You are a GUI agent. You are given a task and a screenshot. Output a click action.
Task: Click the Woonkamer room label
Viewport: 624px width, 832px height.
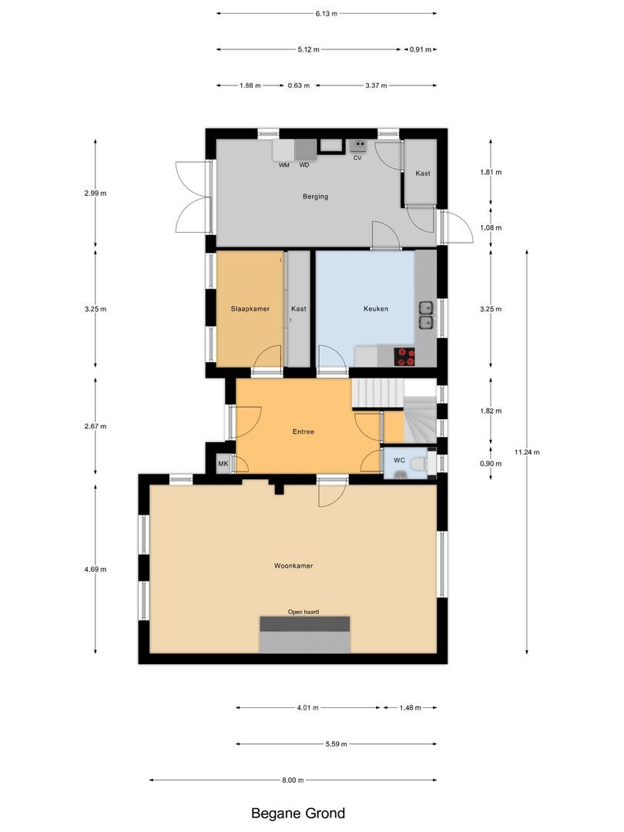[293, 565]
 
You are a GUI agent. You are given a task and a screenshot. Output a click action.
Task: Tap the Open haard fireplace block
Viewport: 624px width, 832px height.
[306, 633]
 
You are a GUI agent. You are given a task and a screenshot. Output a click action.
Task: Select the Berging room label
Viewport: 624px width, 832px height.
[315, 196]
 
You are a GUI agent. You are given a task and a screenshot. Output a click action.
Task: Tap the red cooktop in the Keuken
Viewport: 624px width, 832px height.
[404, 356]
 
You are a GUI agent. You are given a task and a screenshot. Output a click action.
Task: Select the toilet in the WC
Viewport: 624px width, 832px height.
[418, 463]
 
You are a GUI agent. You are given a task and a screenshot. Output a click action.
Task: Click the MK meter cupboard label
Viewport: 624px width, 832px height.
[223, 463]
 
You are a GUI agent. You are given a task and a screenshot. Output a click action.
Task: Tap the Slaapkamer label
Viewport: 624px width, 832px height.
[250, 309]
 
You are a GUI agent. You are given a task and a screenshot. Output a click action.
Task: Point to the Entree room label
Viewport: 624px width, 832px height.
[304, 432]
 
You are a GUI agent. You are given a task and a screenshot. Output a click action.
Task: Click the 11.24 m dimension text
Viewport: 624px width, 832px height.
[528, 452]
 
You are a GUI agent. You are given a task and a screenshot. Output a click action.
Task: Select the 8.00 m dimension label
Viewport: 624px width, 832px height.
[293, 780]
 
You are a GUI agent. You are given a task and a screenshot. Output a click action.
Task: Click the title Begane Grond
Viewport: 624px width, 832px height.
[298, 814]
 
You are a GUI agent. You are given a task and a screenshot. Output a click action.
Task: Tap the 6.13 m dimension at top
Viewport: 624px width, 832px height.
[326, 13]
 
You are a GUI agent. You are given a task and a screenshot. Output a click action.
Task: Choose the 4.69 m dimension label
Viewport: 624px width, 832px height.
[96, 569]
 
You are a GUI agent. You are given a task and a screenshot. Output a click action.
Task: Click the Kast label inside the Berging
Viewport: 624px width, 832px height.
[422, 173]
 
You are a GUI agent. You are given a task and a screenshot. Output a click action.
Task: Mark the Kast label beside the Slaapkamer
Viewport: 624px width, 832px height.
[298, 309]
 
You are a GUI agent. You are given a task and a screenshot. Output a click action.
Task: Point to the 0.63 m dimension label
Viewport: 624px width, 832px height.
[298, 86]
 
